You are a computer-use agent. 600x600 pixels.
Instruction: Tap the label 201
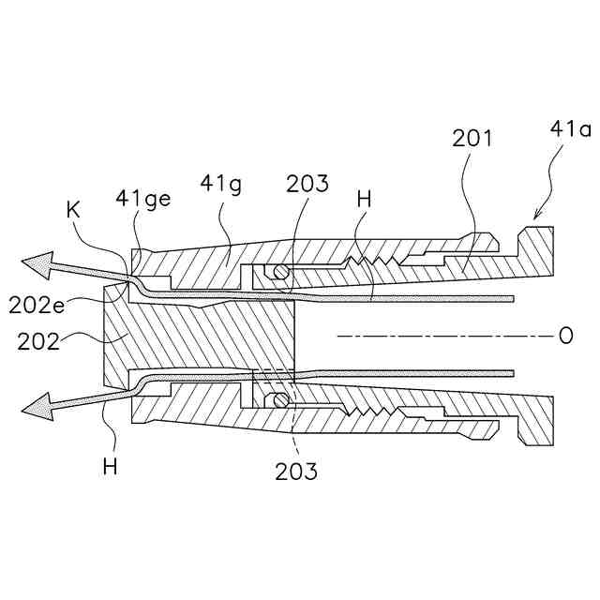[472, 140]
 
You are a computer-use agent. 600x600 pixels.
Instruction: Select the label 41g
[221, 185]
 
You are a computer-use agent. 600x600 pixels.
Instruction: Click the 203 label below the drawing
[295, 471]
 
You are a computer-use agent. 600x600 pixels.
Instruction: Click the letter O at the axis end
[564, 336]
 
